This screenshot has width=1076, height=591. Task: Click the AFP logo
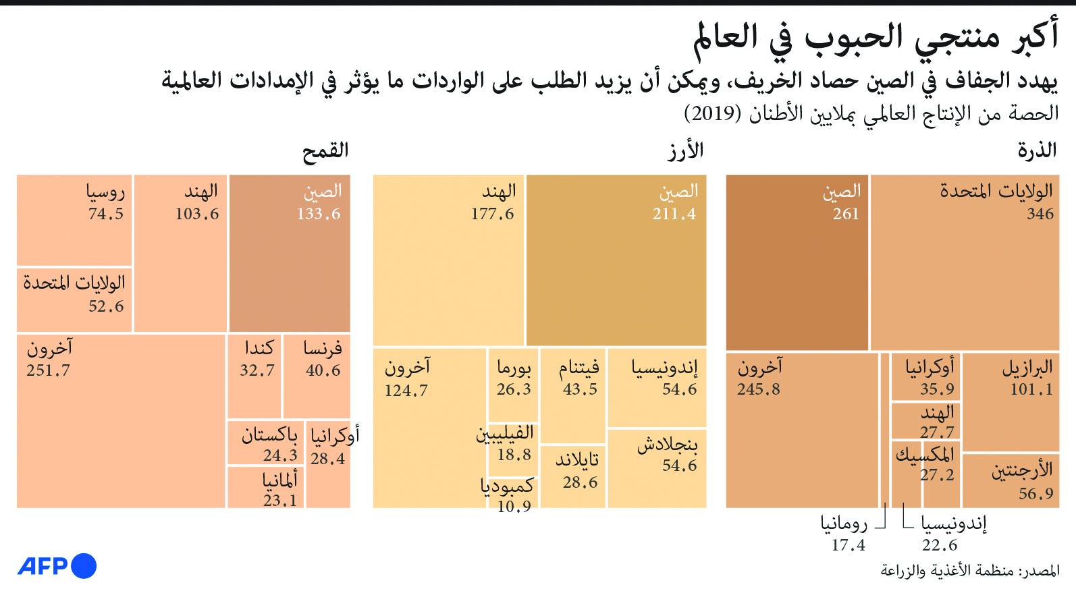[57, 565]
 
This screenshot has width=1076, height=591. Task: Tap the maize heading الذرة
[1037, 150]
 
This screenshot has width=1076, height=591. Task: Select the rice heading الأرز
[685, 150]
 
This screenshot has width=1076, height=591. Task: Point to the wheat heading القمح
[325, 150]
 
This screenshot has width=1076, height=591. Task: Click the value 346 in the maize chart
[1040, 214]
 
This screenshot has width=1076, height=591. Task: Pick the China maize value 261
[846, 214]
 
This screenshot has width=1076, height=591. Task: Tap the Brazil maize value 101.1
[1031, 389]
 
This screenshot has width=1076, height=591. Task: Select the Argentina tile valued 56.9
[1011, 480]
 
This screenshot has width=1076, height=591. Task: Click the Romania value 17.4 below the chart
[848, 545]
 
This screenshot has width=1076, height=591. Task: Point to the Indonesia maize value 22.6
[940, 545]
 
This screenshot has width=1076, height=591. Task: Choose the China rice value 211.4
[674, 214]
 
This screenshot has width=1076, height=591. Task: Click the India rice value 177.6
[492, 214]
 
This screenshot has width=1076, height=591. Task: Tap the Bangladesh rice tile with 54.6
[657, 468]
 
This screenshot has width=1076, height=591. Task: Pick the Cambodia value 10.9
[514, 506]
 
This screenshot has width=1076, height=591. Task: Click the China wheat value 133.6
[319, 214]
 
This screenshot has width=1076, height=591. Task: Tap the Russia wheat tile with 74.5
[74, 220]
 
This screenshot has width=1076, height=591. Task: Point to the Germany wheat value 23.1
[280, 501]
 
